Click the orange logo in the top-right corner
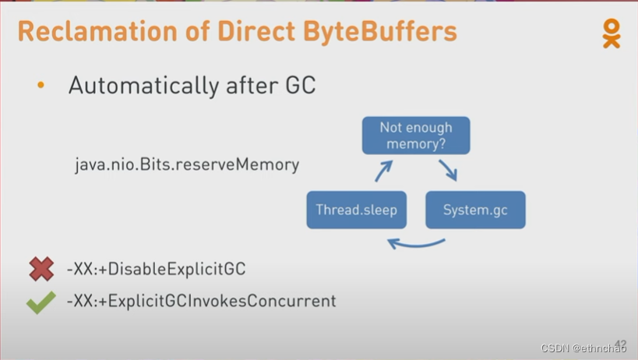(x=612, y=33)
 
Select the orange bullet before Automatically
(x=41, y=85)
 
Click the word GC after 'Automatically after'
(x=298, y=85)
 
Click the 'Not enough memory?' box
(x=416, y=136)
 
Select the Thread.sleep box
(x=357, y=210)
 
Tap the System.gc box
(x=474, y=210)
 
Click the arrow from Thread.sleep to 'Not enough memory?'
(x=383, y=171)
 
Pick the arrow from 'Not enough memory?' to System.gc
(x=448, y=170)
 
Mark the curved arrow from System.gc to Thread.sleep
(x=416, y=244)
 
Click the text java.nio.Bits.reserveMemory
(x=187, y=165)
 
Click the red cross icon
(x=41, y=270)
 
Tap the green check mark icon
(x=41, y=302)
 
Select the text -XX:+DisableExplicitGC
(x=156, y=270)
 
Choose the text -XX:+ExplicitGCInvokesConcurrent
(x=201, y=301)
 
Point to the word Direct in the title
(x=252, y=32)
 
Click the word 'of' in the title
(x=187, y=32)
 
